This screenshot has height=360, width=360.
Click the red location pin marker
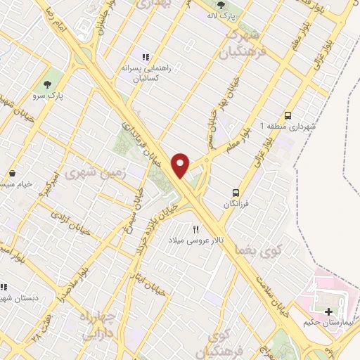[x=181, y=165]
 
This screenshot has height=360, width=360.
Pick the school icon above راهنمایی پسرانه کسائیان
[x=146, y=57]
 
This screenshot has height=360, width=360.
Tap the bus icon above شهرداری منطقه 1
[x=288, y=115]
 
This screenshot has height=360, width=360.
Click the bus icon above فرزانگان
[x=237, y=192]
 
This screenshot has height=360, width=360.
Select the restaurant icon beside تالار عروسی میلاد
[x=196, y=229]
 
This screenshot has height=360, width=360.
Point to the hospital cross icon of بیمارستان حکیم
[x=329, y=311]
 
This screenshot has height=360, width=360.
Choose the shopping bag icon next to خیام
[x=13, y=173]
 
